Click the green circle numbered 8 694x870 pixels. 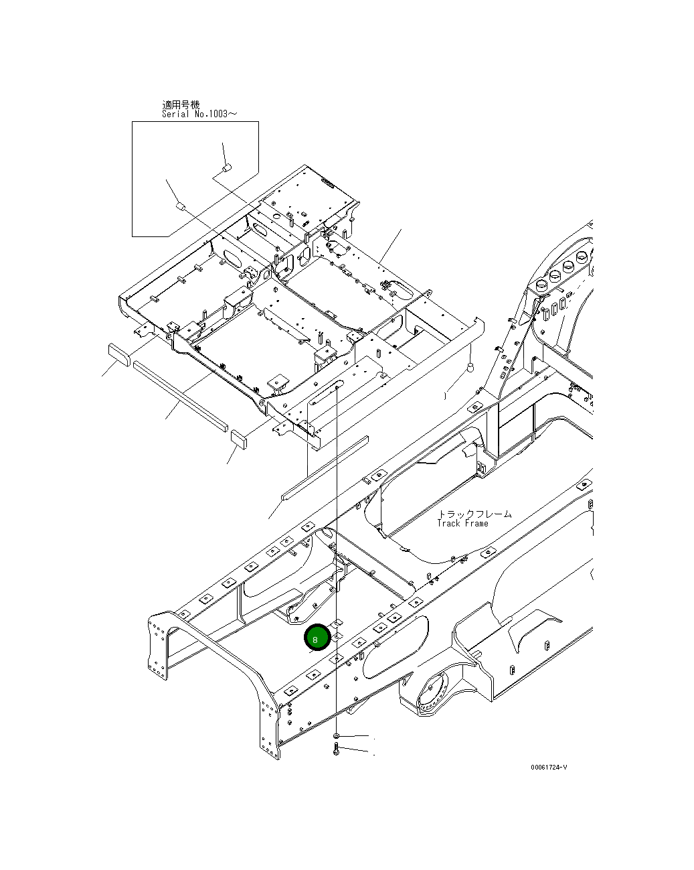315,639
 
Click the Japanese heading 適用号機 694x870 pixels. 181,105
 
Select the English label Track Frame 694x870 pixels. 462,523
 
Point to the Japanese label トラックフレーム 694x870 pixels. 474,514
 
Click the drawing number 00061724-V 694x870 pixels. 549,767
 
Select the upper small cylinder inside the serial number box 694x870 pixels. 226,167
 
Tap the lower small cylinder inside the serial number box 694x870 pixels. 179,206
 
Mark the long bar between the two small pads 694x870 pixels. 179,396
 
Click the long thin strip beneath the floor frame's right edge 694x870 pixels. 325,469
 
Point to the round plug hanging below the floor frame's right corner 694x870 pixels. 470,367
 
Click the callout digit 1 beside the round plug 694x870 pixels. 445,396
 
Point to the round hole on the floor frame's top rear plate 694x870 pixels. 275,217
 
